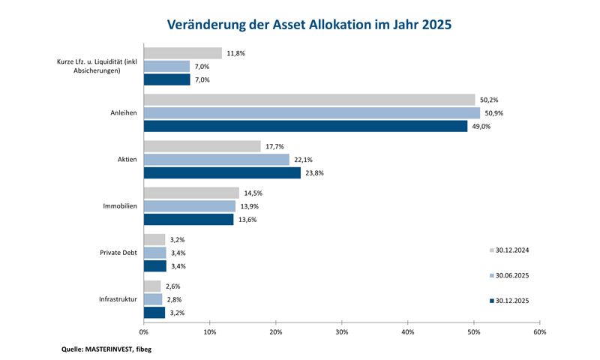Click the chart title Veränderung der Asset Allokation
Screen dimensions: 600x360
[309, 25]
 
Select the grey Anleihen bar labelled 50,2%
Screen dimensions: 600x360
[310, 100]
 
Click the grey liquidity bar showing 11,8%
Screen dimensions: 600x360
[183, 53]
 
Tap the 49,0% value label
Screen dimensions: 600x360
[481, 127]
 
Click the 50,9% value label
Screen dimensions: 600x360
[494, 113]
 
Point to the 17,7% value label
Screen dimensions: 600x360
[274, 146]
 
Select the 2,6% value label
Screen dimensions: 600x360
[173, 286]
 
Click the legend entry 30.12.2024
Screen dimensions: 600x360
[509, 250]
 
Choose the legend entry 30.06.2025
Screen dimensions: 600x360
[509, 276]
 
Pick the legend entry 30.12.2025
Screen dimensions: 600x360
[509, 301]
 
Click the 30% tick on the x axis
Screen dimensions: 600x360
[342, 332]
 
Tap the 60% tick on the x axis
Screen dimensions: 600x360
[540, 332]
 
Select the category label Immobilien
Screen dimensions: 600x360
[120, 206]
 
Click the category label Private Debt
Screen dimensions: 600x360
[118, 253]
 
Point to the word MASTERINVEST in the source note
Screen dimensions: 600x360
[108, 349]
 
